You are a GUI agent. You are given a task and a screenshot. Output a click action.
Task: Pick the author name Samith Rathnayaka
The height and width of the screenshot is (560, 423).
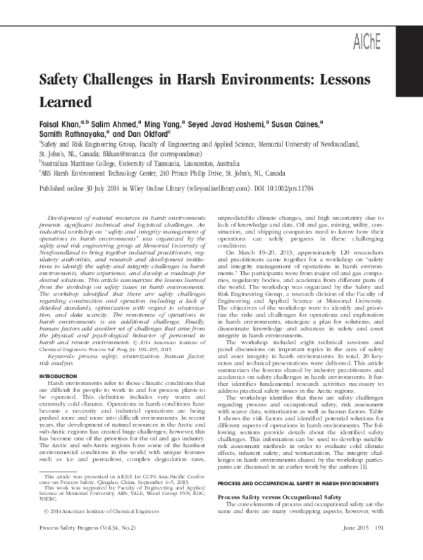(x=71, y=135)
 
